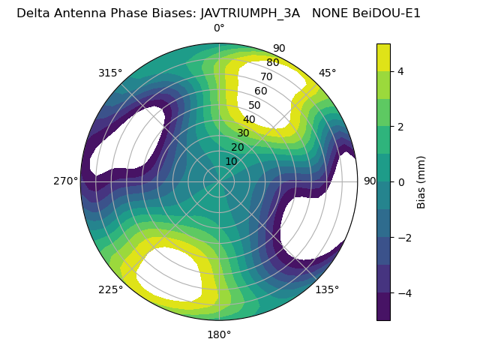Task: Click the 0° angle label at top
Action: coord(219,28)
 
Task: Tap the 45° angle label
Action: coord(327,73)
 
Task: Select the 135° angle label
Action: coord(327,289)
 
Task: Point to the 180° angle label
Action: coord(219,334)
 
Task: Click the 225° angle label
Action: coord(110,289)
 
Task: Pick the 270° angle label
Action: coord(65,181)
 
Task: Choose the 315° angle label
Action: coord(110,73)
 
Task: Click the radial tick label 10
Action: coord(231,161)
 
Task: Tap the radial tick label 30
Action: coord(243,133)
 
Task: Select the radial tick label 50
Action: coord(255,105)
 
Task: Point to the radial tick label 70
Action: coord(266,76)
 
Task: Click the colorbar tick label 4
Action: coord(400,71)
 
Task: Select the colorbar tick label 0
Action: coord(400,181)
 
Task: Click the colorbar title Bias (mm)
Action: coord(421,181)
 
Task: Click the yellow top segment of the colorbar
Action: coord(383,57)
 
